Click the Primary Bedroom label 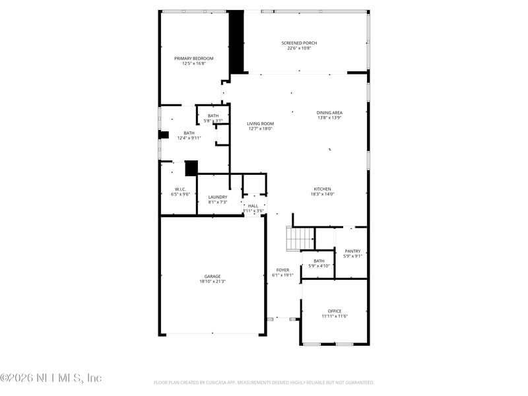(193, 58)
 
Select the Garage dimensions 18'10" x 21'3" (212, 282)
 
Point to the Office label (334, 311)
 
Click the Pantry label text (352, 251)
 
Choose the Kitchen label (322, 189)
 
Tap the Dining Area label (329, 112)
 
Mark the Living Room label (260, 123)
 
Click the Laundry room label (217, 197)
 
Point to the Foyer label (282, 270)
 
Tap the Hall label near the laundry (253, 206)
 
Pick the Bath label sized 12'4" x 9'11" (189, 133)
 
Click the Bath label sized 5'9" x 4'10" (319, 261)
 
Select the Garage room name (212, 277)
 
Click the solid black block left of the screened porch (236, 42)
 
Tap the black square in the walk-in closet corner (191, 168)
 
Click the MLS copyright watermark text (51, 378)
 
